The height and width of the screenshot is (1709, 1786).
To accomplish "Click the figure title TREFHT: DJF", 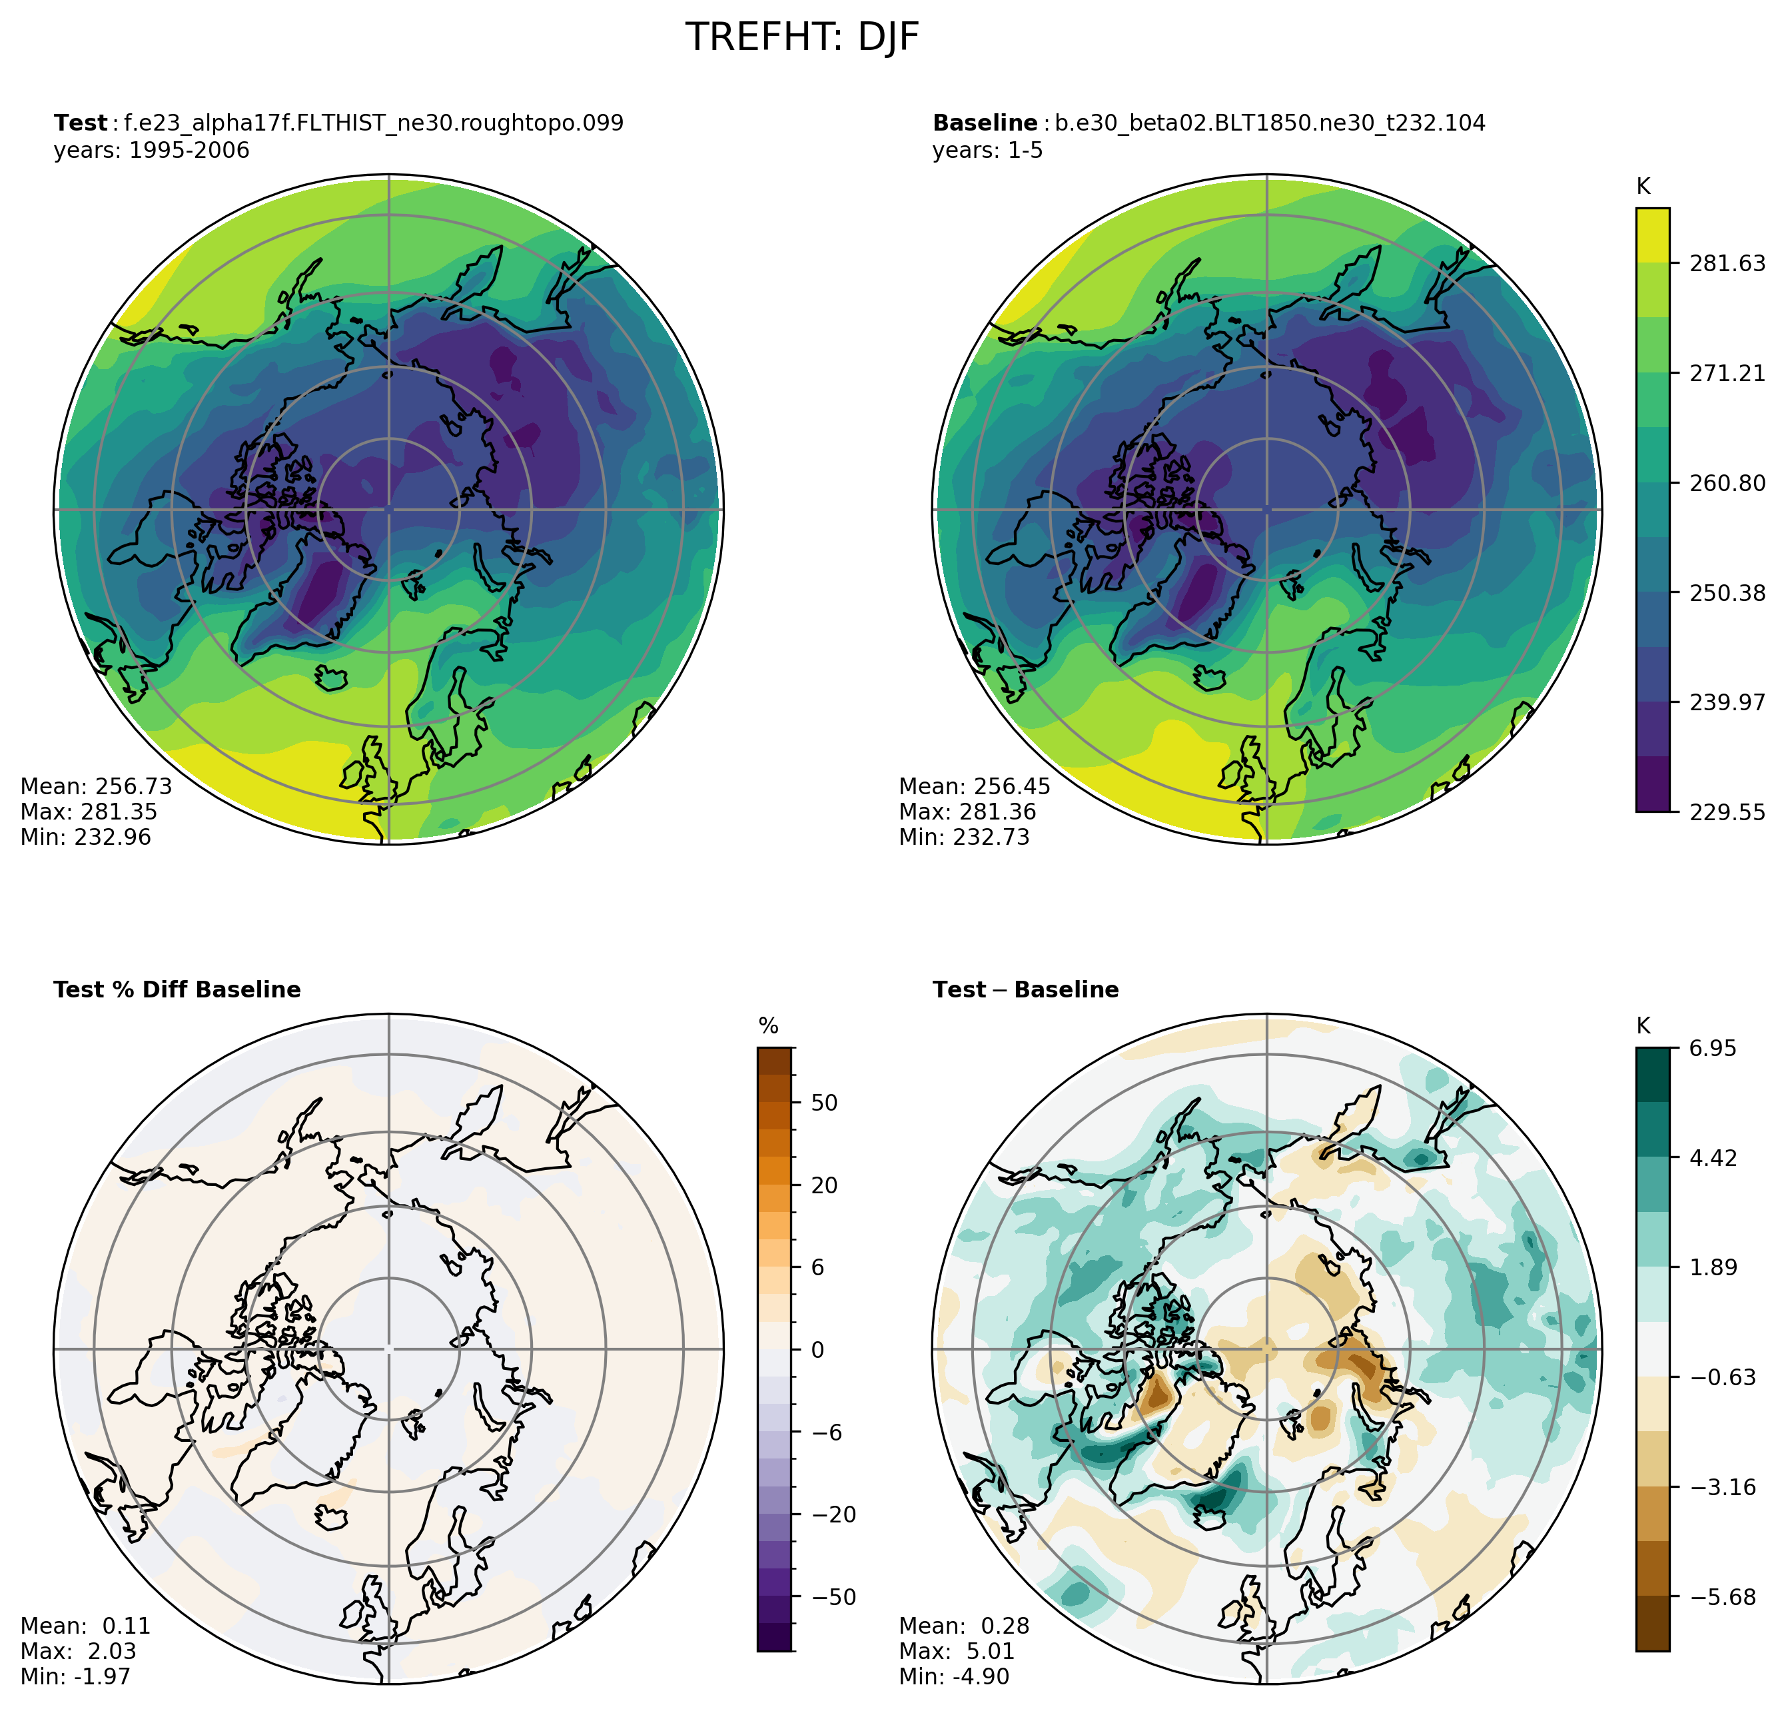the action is (x=801, y=38).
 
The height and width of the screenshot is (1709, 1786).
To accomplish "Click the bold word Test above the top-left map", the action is (x=80, y=123).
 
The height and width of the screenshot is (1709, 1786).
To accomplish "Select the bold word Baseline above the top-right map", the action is (x=985, y=123).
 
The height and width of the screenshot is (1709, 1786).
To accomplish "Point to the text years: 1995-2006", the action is (x=151, y=151).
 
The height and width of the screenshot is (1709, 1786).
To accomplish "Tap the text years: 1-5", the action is (x=987, y=151).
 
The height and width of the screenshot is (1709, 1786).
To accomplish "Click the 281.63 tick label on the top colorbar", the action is (x=1727, y=263).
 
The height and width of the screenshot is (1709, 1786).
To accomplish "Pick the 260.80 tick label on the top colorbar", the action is (x=1727, y=483).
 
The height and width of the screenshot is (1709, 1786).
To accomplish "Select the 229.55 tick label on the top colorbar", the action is (x=1727, y=812).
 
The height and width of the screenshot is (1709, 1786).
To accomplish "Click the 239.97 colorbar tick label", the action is (x=1727, y=702).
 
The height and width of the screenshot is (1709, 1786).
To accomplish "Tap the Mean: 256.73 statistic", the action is (x=96, y=786).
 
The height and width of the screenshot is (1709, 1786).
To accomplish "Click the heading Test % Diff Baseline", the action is (x=177, y=990).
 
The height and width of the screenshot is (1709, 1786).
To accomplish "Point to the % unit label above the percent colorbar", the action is (x=768, y=1027).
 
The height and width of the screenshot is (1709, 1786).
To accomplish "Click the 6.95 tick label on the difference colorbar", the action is (x=1712, y=1049).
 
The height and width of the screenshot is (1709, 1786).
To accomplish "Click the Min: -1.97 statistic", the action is (x=75, y=1677).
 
